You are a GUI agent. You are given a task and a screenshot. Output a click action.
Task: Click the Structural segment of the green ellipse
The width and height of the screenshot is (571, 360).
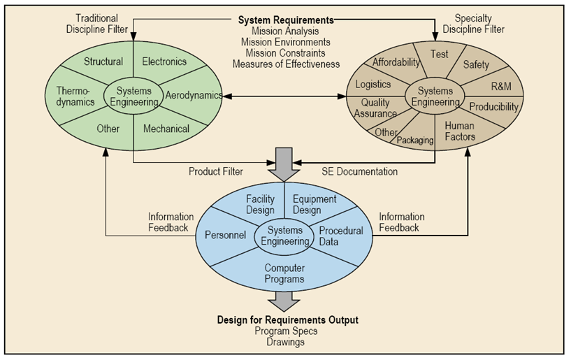pyautogui.click(x=103, y=62)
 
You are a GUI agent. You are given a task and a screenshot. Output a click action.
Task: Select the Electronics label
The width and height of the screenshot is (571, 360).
pyautogui.click(x=164, y=62)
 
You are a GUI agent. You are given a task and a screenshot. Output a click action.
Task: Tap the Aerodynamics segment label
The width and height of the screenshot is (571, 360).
pyautogui.click(x=194, y=94)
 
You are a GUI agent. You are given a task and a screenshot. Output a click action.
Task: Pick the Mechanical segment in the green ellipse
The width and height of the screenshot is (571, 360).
pyautogui.click(x=166, y=129)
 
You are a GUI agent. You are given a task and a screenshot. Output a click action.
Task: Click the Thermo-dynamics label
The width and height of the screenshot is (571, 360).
pyautogui.click(x=75, y=96)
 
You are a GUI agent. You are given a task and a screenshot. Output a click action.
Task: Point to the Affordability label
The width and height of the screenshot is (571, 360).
pyautogui.click(x=396, y=62)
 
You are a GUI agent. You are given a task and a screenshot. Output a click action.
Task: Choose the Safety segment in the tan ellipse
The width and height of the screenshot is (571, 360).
pyautogui.click(x=476, y=64)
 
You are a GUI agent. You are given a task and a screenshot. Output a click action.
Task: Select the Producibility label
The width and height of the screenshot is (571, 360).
pyautogui.click(x=493, y=107)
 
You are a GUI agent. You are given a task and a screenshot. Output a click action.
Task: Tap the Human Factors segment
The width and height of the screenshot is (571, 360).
pyautogui.click(x=459, y=131)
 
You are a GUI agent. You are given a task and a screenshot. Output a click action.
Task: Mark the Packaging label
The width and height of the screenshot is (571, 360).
pyautogui.click(x=416, y=140)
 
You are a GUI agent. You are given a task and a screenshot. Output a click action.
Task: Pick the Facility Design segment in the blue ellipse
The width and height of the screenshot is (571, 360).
pyautogui.click(x=260, y=204)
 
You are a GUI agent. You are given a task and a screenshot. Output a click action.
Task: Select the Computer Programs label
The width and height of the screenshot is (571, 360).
pyautogui.click(x=284, y=273)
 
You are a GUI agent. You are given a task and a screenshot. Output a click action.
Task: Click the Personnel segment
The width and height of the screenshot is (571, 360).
pyautogui.click(x=225, y=236)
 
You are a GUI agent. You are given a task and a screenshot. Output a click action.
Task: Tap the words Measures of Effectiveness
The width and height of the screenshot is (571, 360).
pyautogui.click(x=287, y=64)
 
